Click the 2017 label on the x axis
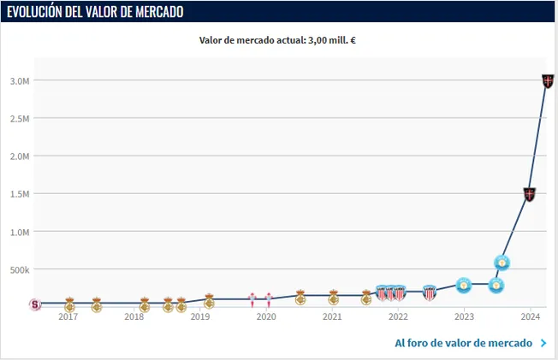click(x=68, y=316)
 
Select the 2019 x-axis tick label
click(x=199, y=316)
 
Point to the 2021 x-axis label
click(x=332, y=316)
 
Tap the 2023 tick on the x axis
click(x=464, y=316)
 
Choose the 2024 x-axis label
click(x=530, y=316)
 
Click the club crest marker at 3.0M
click(x=548, y=81)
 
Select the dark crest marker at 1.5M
click(x=530, y=194)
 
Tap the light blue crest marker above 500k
click(x=503, y=263)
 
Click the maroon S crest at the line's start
click(x=35, y=304)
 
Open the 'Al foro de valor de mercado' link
click(x=463, y=343)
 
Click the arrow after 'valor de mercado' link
click(x=543, y=343)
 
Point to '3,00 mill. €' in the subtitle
click(x=336, y=39)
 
